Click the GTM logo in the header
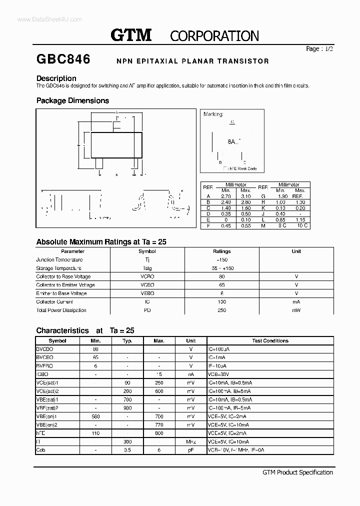[130, 35]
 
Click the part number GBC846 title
[63, 59]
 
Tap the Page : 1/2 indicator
[319, 49]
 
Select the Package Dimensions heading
[72, 100]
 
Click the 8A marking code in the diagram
[231, 141]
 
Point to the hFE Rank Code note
[241, 168]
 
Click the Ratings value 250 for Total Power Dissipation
[221, 310]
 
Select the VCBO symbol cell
[147, 276]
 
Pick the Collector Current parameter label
[54, 301]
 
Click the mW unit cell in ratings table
[296, 310]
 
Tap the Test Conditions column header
[270, 340]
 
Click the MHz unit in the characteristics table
[190, 442]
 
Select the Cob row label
[40, 450]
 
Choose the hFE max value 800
[159, 433]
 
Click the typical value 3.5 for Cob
[127, 450]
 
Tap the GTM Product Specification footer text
[297, 472]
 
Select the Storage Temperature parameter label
[58, 268]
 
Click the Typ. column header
[127, 340]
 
